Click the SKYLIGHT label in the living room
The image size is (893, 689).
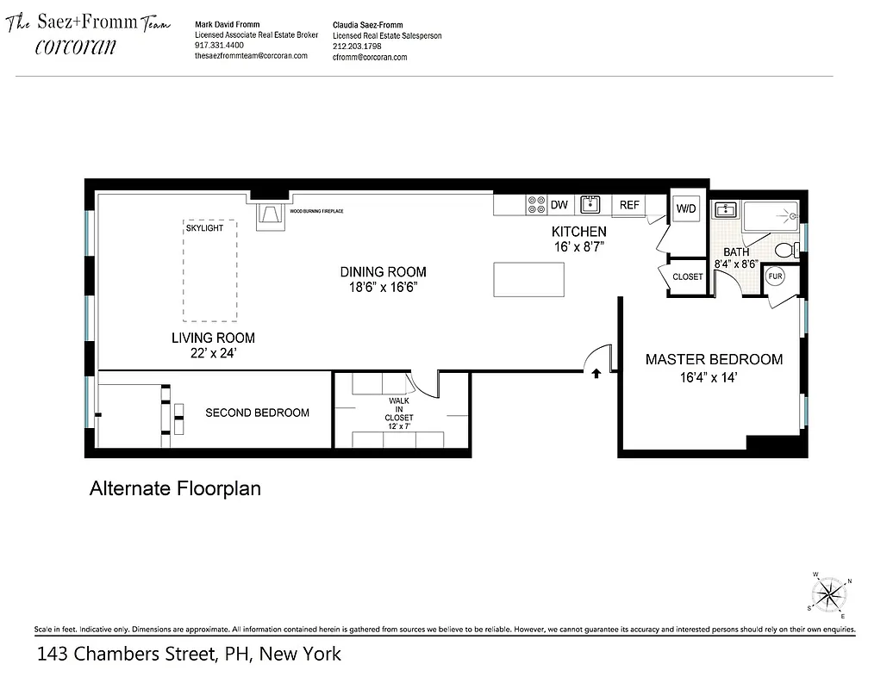pos(204,227)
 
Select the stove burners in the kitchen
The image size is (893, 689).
pos(535,204)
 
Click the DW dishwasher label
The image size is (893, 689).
pos(559,205)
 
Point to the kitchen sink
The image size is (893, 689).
pos(590,204)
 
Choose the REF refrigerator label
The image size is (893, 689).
pos(629,205)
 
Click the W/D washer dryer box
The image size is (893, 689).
pos(686,208)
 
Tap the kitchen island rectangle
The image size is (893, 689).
pos(528,279)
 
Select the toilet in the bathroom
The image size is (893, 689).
pos(787,250)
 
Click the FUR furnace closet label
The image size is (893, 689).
pos(775,276)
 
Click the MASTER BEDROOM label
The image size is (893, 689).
pos(714,359)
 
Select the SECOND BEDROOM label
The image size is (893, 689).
pos(257,413)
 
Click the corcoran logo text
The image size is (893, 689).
pos(75,47)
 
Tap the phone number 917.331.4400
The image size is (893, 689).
pos(220,45)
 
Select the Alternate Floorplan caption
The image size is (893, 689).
pos(175,489)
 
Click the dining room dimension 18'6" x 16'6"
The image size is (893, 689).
pos(382,288)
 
